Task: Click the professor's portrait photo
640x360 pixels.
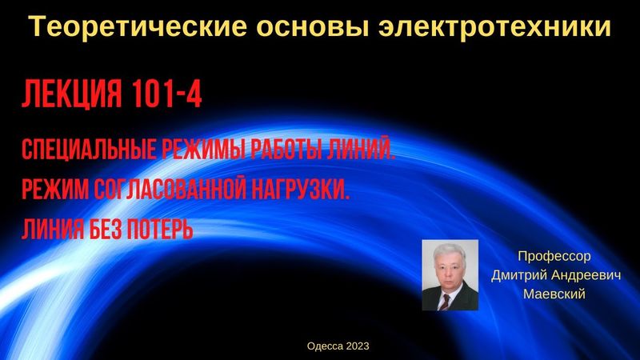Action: (x=450, y=275)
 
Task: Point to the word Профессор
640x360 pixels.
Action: (x=554, y=258)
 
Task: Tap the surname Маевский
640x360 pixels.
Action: (x=554, y=294)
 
